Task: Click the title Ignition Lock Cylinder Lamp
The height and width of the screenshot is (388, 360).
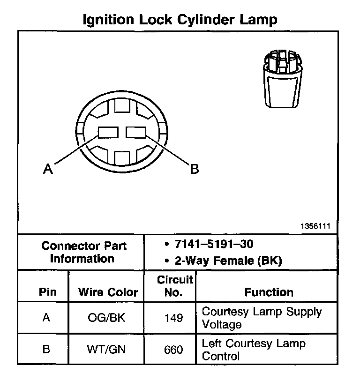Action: coord(180,20)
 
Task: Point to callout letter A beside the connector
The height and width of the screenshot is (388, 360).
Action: coord(47,169)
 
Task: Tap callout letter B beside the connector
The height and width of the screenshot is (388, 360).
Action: coord(194,169)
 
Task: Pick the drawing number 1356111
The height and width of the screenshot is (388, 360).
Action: coord(315,226)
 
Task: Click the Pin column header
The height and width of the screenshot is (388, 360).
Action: coord(48,292)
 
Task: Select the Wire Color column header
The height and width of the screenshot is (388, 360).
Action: coord(108,292)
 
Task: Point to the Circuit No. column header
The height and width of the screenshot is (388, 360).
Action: coord(174,286)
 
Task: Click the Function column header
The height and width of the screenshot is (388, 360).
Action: coord(269,292)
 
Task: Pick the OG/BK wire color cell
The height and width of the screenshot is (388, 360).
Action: coord(106,318)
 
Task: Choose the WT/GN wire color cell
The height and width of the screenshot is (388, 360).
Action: coord(106,350)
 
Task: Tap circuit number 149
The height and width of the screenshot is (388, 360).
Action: coord(173,318)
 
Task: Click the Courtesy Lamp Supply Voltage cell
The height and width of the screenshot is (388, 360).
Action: coord(261,318)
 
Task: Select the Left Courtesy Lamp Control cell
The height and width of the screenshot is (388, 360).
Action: coord(253,350)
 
